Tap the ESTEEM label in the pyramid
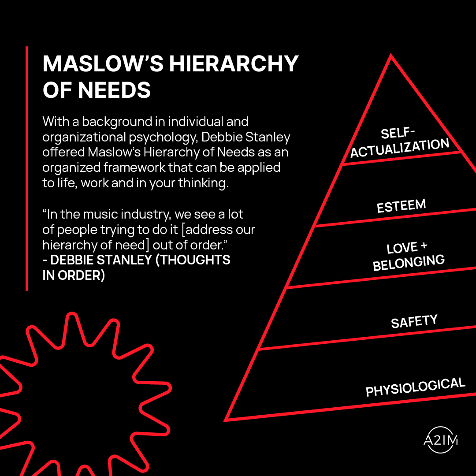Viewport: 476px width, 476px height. (x=401, y=206)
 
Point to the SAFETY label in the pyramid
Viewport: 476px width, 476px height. (x=414, y=322)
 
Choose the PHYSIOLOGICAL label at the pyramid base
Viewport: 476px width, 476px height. (x=415, y=387)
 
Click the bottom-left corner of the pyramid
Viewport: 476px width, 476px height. (x=227, y=419)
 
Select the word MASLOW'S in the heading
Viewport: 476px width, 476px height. (x=103, y=64)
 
